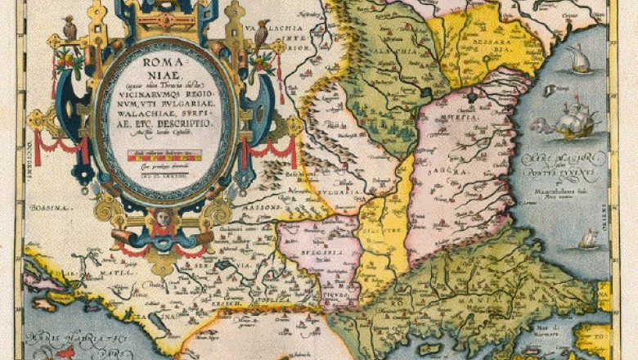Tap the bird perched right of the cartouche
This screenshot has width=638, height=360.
(x=263, y=35)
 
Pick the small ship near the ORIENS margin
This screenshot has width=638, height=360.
(x=587, y=239)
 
